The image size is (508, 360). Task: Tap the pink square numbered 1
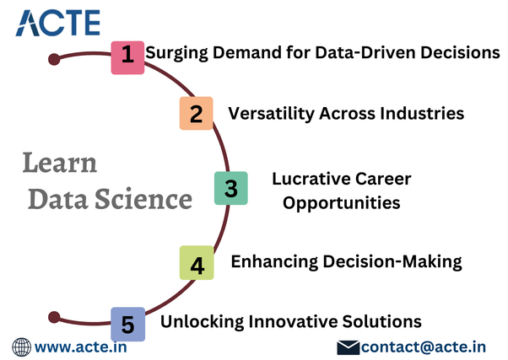coord(127,57)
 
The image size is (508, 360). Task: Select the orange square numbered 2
coord(197,113)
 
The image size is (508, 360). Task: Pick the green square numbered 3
coord(231,188)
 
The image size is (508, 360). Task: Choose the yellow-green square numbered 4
coord(197,262)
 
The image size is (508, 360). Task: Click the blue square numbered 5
coord(128,324)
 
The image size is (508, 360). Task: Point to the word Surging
coord(176,53)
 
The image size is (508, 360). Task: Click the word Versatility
coord(271,114)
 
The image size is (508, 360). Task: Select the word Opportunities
coord(342,203)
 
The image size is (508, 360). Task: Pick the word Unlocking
coord(202,321)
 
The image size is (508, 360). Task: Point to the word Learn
coord(60,163)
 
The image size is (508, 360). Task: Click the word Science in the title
coord(143,199)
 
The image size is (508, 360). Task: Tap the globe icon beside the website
coord(22,347)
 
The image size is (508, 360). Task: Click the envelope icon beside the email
coord(349,347)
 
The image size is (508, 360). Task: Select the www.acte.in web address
coord(81,347)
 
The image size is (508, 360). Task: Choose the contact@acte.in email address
coord(424,347)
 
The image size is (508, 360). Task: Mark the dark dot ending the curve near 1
coord(54,59)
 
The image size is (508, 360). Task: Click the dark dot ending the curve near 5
coord(54,317)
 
